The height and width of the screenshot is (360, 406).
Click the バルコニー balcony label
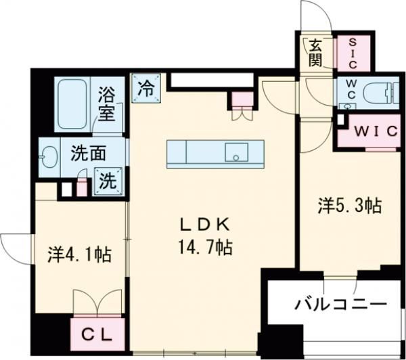tap(340, 304)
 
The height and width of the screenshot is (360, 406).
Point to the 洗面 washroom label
tap(88, 153)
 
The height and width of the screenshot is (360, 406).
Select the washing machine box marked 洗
tap(109, 181)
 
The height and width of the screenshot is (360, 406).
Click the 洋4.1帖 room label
tap(79, 255)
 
